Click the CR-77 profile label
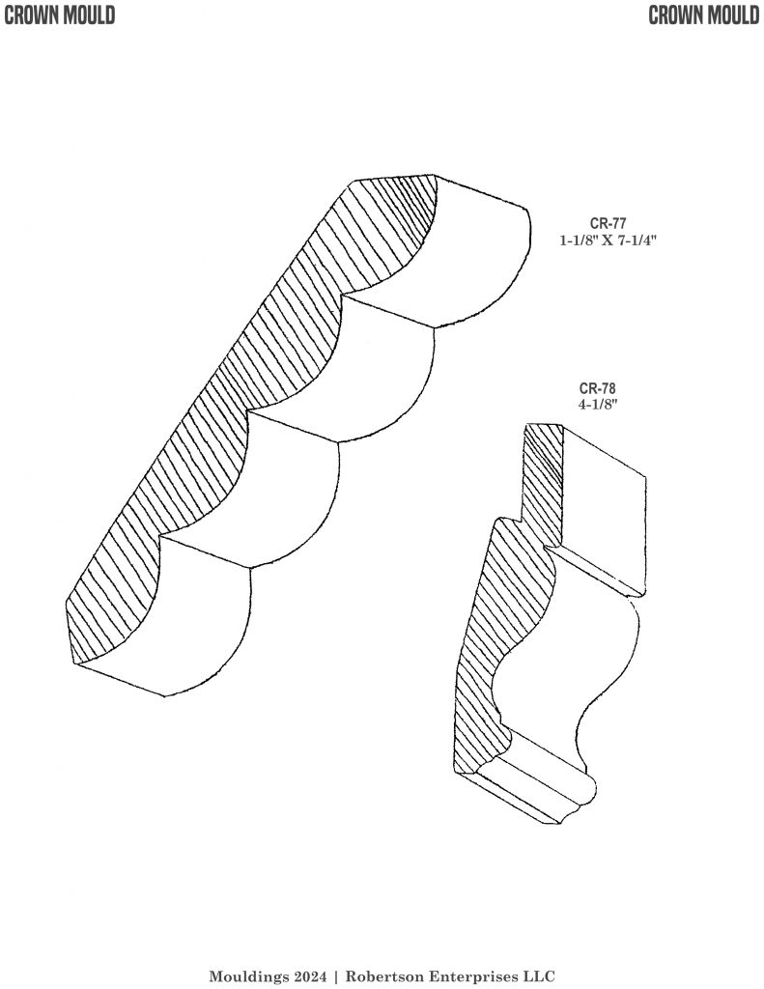pos(608,223)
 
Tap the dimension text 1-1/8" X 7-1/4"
pos(608,240)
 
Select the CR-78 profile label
pos(598,388)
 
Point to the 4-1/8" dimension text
pos(598,405)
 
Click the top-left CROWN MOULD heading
pos(59,15)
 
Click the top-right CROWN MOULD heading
pos(704,15)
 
